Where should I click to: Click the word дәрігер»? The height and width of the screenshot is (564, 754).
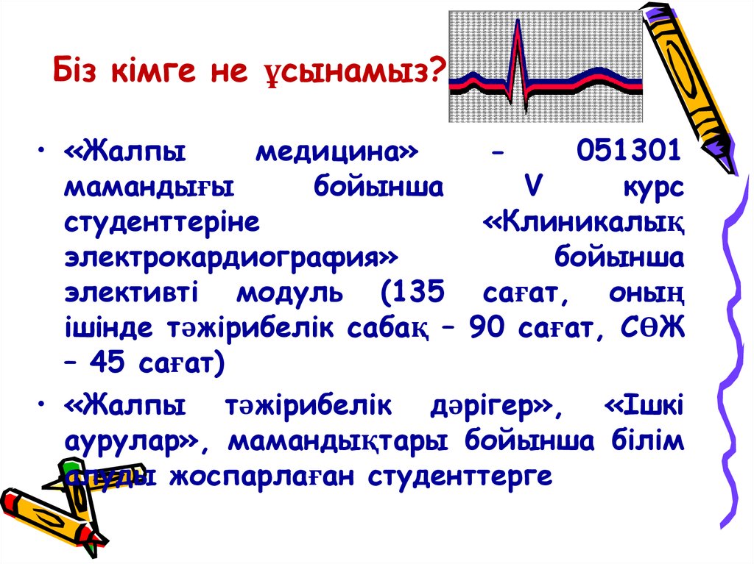(493, 406)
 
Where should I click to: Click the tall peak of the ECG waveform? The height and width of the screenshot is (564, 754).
(518, 26)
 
